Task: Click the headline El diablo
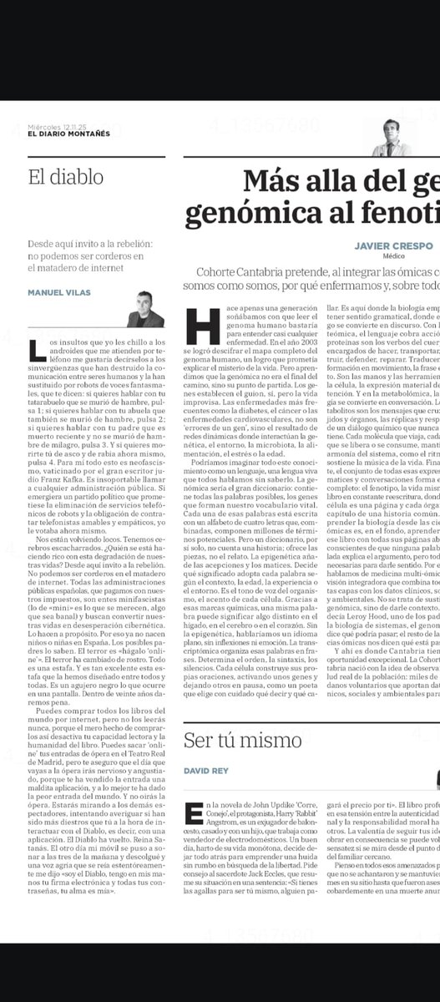pos(65,177)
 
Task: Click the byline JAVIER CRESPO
pos(393,246)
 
